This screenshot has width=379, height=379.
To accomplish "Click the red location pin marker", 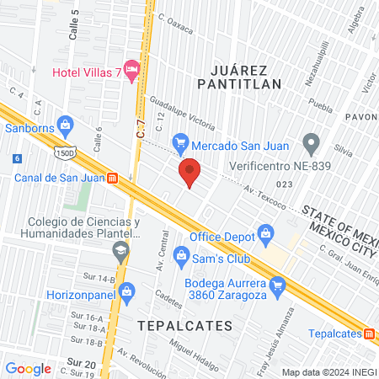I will tap(190, 172).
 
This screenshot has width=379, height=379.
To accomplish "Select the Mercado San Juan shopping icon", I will tap(179, 141).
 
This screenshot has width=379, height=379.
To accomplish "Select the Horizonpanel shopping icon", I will tap(127, 291).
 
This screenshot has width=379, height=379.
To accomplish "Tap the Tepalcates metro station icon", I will tap(369, 333).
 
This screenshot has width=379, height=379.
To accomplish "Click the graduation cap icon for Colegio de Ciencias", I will tap(122, 250).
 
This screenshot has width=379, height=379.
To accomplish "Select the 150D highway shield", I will tap(63, 153).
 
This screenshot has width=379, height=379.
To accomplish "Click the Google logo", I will tap(29, 368).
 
